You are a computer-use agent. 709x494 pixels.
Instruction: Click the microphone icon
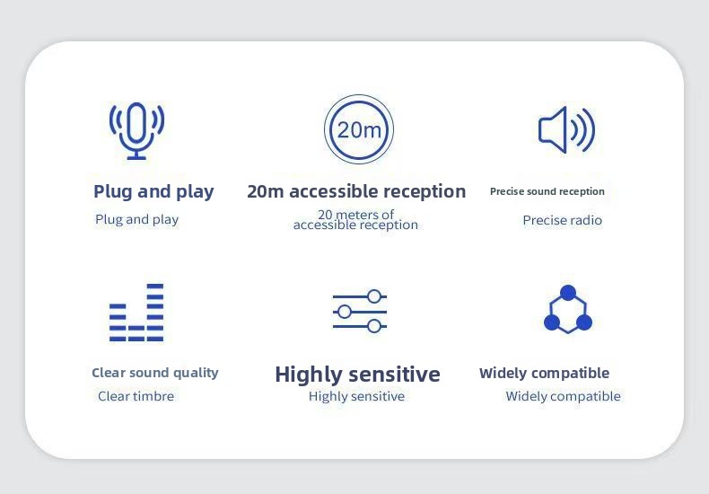(x=136, y=130)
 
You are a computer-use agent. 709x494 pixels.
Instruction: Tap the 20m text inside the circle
(x=359, y=130)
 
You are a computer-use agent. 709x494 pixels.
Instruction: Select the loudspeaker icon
(x=566, y=130)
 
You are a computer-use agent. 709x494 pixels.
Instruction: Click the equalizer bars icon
(x=136, y=313)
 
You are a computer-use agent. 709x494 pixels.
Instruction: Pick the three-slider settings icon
(x=360, y=312)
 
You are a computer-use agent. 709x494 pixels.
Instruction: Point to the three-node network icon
(x=568, y=309)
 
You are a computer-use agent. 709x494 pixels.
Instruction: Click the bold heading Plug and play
(x=153, y=191)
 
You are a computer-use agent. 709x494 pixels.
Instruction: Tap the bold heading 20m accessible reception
(x=356, y=191)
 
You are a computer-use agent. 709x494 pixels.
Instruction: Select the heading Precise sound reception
(x=547, y=191)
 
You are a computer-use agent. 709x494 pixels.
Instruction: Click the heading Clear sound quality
(x=155, y=373)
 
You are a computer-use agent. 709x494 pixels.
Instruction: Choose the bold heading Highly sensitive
(x=358, y=375)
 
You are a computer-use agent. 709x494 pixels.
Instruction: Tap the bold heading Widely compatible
(x=545, y=374)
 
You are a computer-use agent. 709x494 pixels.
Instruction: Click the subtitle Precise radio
(x=562, y=220)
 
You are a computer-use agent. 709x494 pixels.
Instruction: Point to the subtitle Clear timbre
(x=136, y=396)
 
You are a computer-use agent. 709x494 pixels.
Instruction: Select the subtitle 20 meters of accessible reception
(x=356, y=219)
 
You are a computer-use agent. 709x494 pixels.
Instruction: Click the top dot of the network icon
(x=568, y=293)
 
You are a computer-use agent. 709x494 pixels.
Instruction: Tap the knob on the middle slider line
(x=345, y=312)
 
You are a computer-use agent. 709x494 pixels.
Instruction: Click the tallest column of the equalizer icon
(x=155, y=313)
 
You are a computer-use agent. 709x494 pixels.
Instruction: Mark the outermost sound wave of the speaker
(x=589, y=130)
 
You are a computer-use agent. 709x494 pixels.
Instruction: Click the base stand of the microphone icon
(x=136, y=158)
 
